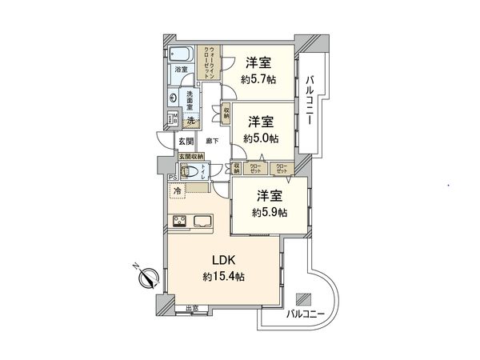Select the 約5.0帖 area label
[x=261, y=138]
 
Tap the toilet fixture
[x=191, y=174]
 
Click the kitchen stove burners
[x=179, y=222]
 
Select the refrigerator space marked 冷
[x=176, y=190]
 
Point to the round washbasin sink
[x=173, y=98]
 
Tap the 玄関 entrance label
[x=186, y=141]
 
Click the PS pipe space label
[x=173, y=178]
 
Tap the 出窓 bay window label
[x=192, y=309]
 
